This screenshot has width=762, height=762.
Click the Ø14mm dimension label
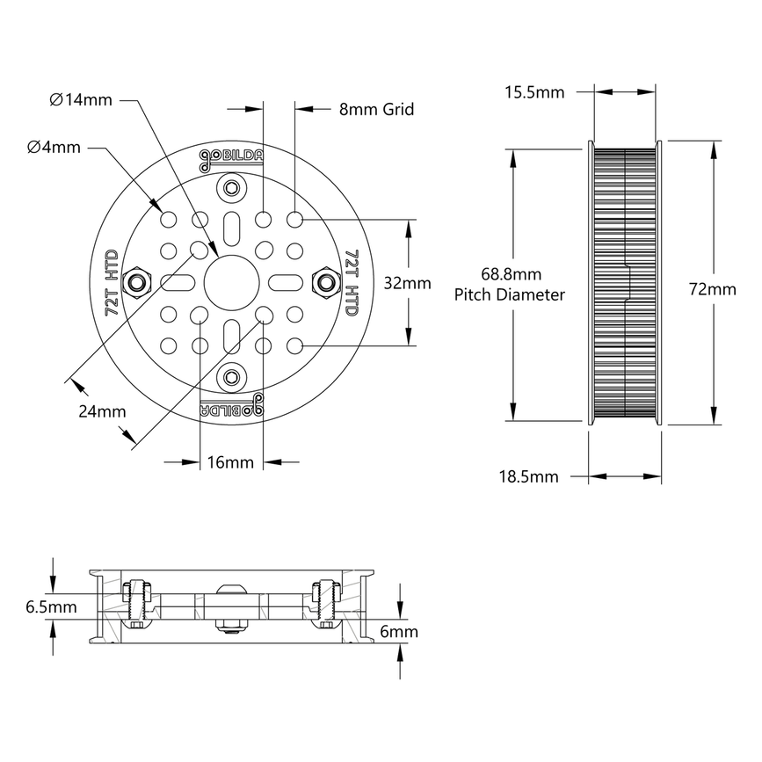(x=81, y=100)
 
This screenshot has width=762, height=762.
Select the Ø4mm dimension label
(x=54, y=148)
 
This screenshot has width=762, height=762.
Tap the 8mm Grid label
(x=376, y=110)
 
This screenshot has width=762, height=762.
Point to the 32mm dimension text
(x=408, y=283)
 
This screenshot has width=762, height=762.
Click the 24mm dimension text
(x=102, y=411)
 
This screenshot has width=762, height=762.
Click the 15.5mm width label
(x=534, y=91)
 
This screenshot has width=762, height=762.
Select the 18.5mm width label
(x=528, y=476)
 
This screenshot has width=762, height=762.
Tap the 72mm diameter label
(x=713, y=289)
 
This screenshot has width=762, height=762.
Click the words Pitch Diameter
(x=510, y=295)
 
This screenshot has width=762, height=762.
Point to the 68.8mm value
(x=510, y=273)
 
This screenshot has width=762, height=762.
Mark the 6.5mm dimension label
(x=52, y=606)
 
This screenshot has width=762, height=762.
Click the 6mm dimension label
(x=397, y=631)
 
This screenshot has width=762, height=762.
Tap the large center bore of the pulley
(x=231, y=282)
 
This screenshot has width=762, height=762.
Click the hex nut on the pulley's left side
(x=136, y=282)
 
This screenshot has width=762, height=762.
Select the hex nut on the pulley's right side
(x=327, y=282)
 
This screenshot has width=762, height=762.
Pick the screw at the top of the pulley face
(x=231, y=187)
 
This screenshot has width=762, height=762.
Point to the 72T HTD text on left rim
(x=112, y=282)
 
